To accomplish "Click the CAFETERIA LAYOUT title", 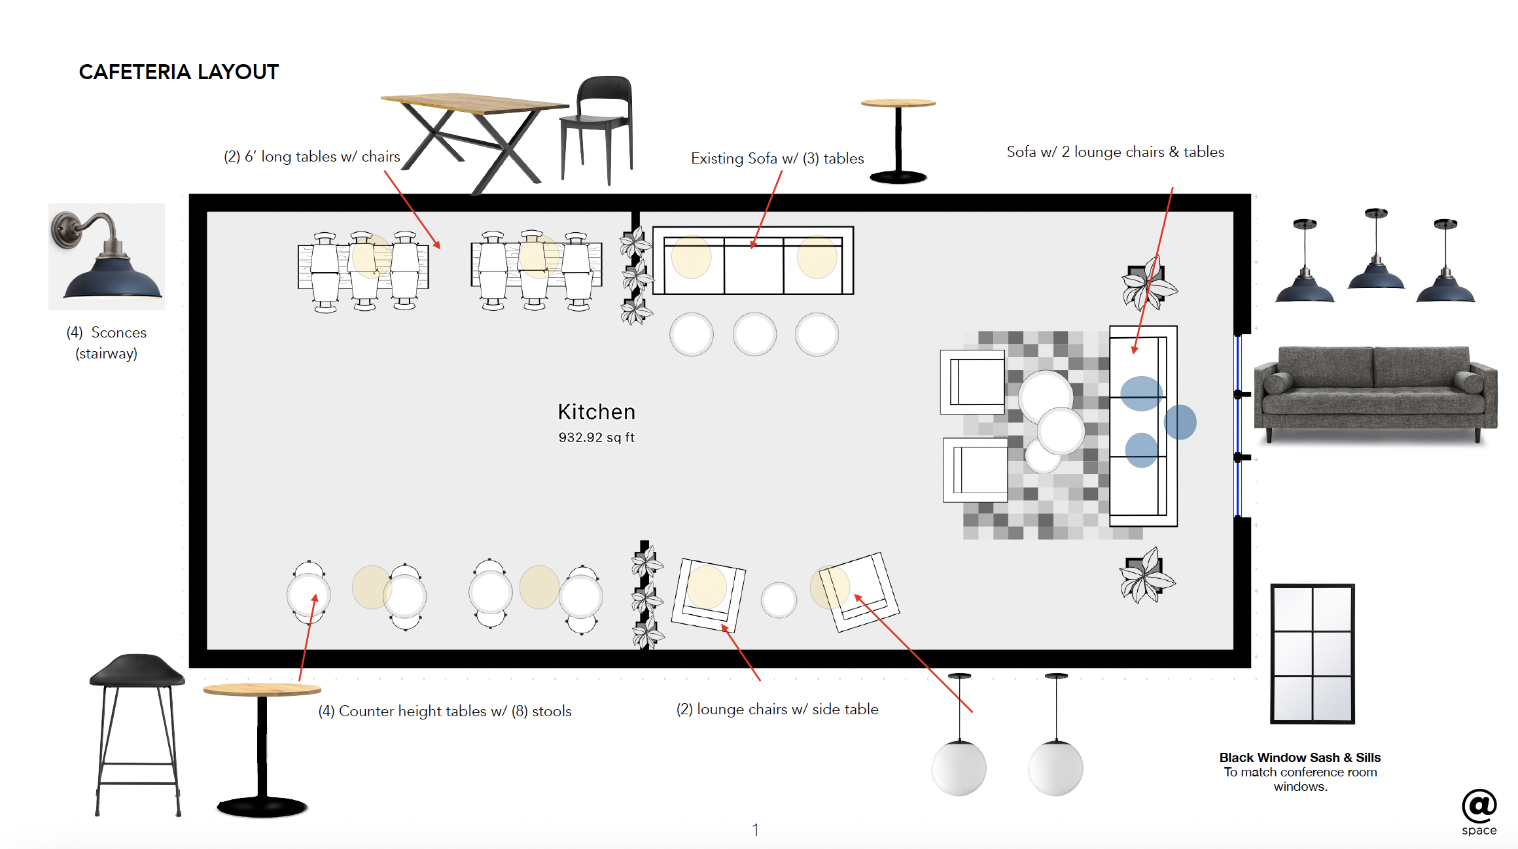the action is pos(179,72).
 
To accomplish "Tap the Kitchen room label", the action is pos(596,412).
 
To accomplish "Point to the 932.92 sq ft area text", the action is pos(596,438).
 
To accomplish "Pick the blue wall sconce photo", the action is pos(107,256).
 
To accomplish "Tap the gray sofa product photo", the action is pos(1375,392).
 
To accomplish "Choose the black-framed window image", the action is pos(1312,653).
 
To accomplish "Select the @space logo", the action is pos(1479,811).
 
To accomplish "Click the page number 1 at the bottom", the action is pos(755,830).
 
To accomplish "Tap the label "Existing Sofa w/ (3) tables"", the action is pos(777,158).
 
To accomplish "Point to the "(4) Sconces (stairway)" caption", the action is pos(106,343).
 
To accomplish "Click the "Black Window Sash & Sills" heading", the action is pos(1299,757).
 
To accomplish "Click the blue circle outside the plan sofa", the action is pos(1180,422).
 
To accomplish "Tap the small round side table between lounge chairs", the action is pos(779,600).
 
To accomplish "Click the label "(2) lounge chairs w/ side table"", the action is pos(777,710).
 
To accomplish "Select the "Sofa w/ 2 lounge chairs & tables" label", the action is pos(1115,152).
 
